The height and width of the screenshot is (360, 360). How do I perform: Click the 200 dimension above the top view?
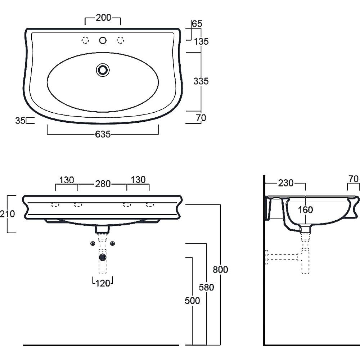coord(103,18)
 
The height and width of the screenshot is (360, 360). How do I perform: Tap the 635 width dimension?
coord(103,134)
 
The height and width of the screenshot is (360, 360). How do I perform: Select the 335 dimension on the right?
coord(201,81)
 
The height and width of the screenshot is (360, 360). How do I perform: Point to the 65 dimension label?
coord(197,24)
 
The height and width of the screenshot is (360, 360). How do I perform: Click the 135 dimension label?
coord(201,41)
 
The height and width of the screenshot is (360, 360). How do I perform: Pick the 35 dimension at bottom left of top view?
coord(20,121)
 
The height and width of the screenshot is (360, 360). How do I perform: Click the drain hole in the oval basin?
coord(103,70)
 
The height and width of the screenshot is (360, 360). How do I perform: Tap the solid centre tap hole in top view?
coord(103,40)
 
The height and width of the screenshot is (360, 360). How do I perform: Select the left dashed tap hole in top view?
coord(85,40)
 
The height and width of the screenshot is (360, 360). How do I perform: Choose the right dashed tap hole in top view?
coord(120,40)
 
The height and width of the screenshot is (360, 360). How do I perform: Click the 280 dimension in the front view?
coord(103,184)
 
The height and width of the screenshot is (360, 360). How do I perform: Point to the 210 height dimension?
coord(7,214)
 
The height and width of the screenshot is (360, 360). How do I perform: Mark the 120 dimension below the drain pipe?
coord(103,283)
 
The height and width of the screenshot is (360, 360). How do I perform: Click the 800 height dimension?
coord(220,270)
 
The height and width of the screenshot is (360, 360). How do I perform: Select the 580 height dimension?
coord(206,287)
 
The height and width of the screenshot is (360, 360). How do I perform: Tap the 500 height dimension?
coord(192,301)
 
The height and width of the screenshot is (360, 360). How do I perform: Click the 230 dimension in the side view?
coord(286,183)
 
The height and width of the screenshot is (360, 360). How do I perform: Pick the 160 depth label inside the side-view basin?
coord(305,210)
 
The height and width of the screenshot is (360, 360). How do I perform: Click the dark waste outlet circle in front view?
coord(102,257)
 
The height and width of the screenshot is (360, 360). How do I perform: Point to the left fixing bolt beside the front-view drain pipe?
coord(93,243)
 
